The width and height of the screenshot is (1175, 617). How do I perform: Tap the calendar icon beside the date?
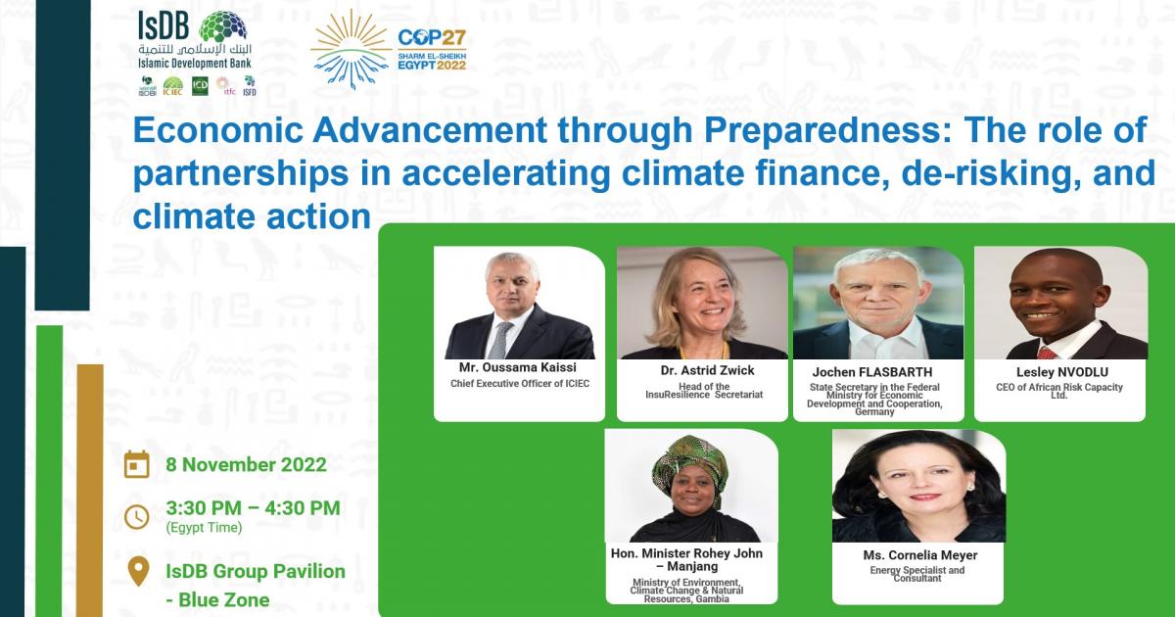click(137, 464)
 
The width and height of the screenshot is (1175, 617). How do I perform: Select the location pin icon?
click(139, 570)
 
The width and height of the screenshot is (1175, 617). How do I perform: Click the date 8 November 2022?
click(246, 464)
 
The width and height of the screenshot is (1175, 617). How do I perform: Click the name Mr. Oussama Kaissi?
click(518, 367)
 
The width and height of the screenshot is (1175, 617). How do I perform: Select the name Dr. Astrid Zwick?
click(701, 371)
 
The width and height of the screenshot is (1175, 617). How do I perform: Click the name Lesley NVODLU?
click(1059, 372)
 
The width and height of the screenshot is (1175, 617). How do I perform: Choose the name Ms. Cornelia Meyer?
click(919, 555)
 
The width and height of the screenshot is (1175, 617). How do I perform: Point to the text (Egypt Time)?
click(203, 528)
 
